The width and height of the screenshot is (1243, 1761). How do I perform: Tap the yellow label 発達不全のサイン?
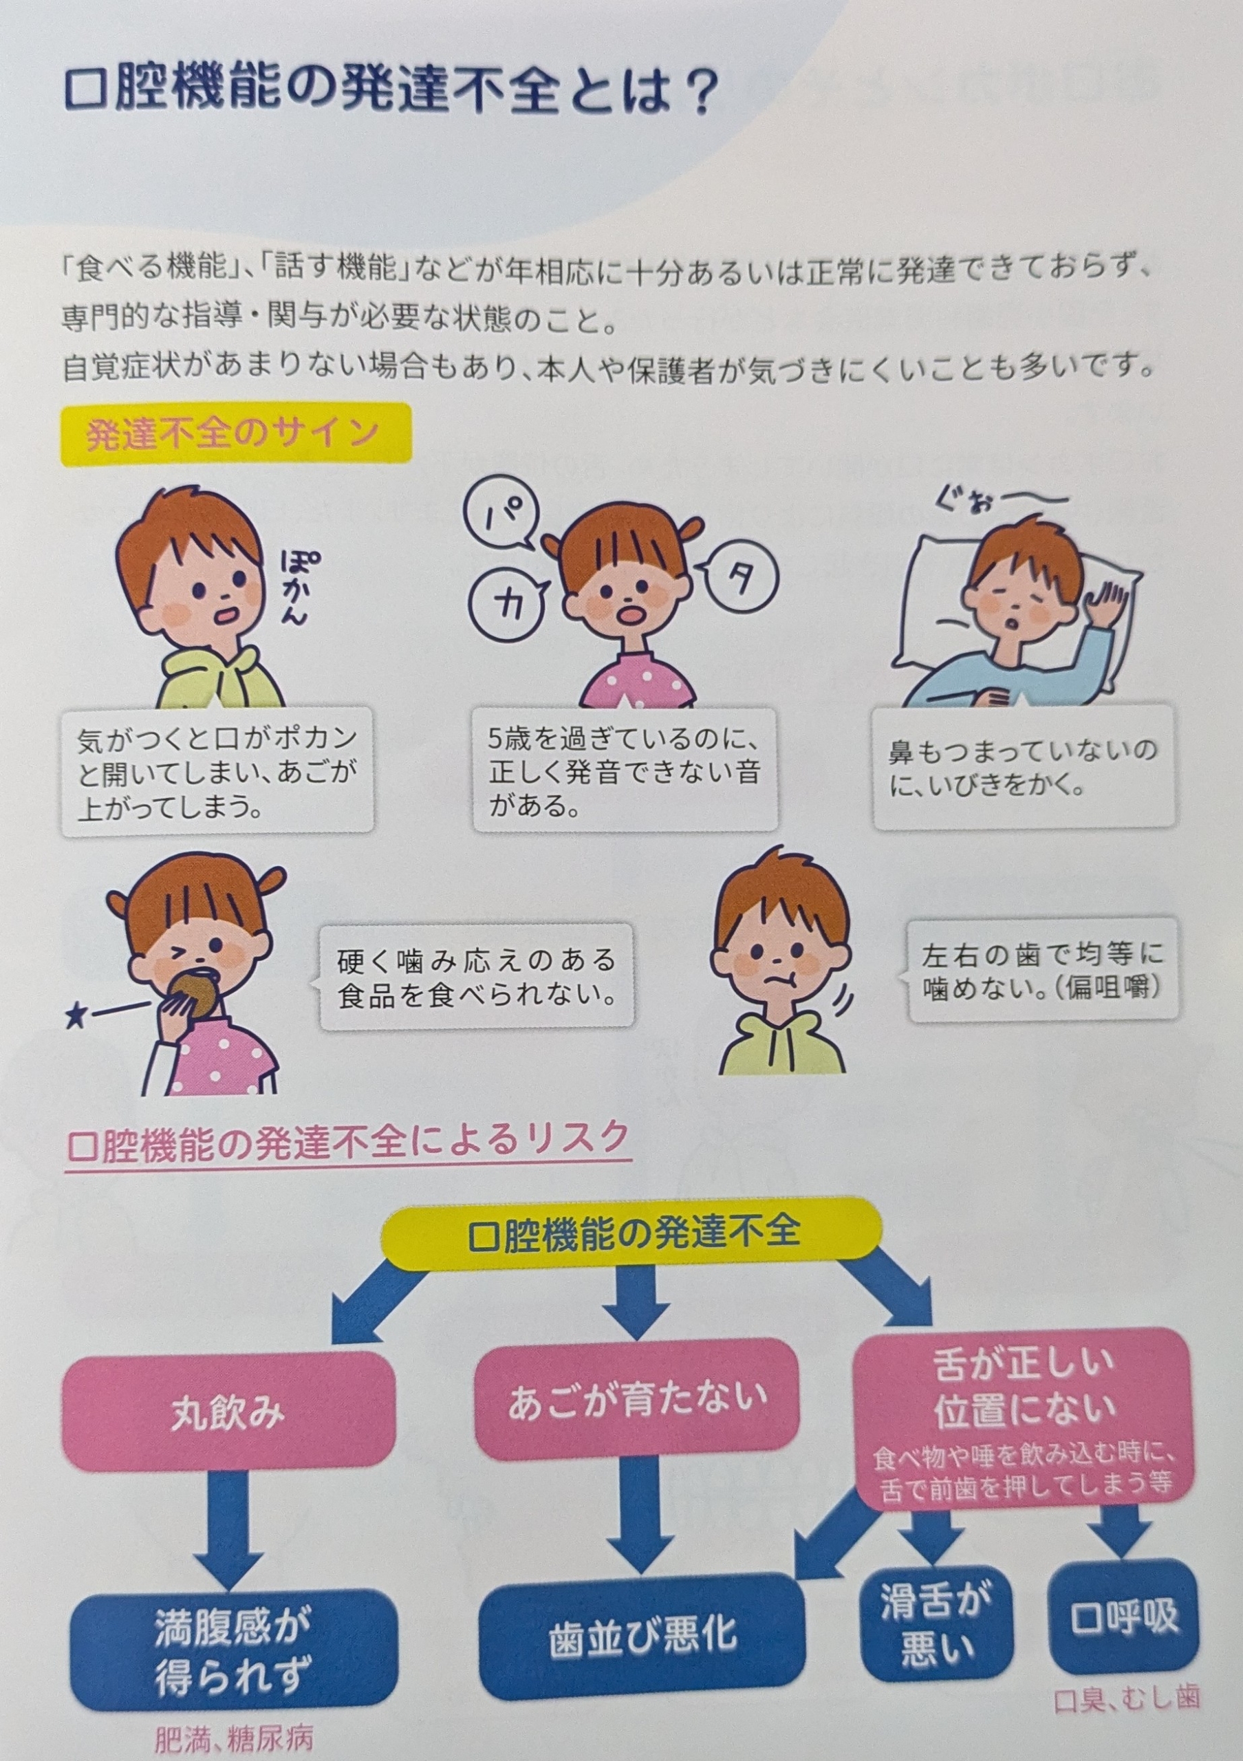(236, 434)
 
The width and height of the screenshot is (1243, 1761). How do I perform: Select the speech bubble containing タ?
(736, 582)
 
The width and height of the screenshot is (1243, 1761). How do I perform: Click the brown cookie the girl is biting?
(191, 994)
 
